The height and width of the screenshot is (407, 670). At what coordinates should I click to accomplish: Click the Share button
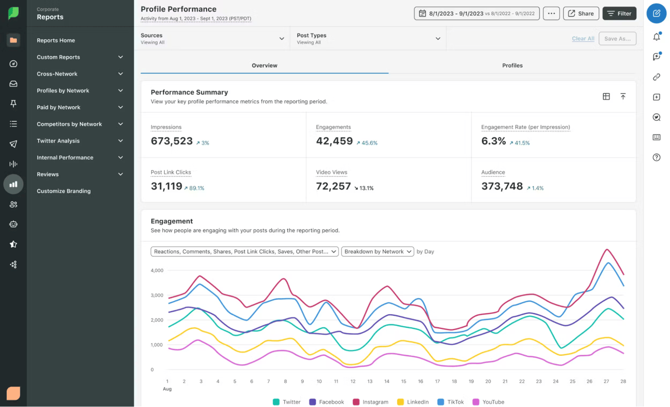[581, 14]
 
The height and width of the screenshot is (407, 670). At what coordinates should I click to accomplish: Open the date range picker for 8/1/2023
[476, 14]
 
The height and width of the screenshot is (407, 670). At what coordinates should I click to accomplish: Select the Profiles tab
[512, 65]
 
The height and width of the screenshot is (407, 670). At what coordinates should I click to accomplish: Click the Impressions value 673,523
[172, 141]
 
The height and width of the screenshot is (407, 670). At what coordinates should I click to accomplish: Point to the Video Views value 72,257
[333, 186]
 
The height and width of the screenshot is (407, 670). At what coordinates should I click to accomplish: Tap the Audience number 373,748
[502, 186]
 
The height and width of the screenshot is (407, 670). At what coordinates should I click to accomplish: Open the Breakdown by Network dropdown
[377, 251]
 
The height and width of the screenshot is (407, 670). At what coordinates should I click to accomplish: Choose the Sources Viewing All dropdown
[212, 39]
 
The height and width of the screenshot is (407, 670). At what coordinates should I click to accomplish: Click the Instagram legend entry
[370, 402]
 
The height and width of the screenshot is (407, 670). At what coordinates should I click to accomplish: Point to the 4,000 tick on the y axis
[157, 270]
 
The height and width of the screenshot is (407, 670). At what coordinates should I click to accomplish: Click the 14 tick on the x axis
[387, 381]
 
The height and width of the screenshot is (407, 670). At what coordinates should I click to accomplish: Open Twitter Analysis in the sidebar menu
[80, 141]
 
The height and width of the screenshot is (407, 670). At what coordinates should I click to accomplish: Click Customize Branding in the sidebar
[63, 191]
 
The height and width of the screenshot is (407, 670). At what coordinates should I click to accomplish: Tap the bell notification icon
[656, 37]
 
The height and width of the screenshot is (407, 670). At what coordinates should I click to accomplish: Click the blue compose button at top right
[656, 14]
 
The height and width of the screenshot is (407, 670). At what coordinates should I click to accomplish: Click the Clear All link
[583, 39]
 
